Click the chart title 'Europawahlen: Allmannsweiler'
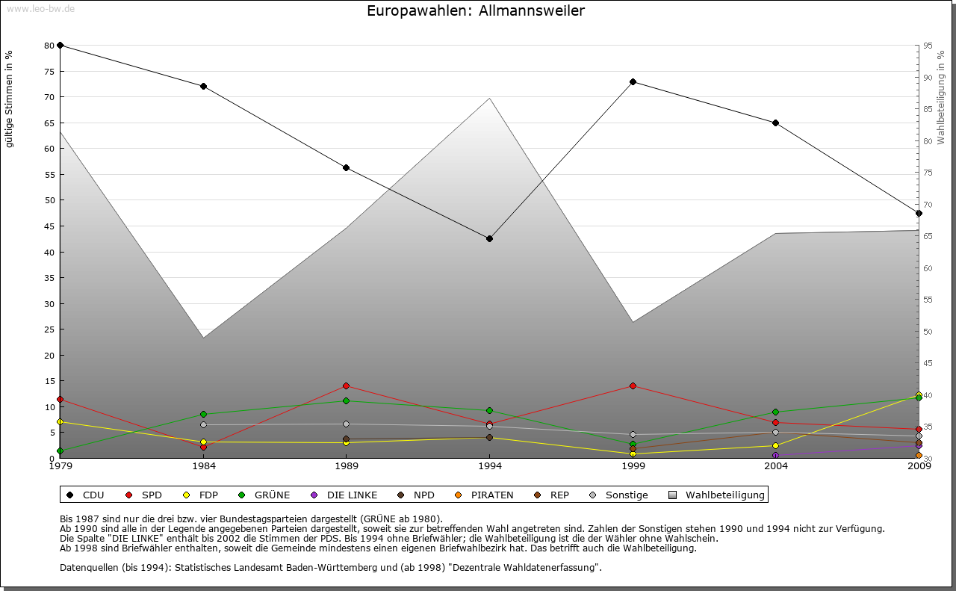(x=476, y=11)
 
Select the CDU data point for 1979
(x=60, y=46)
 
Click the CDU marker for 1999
(x=633, y=81)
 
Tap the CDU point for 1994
(x=489, y=238)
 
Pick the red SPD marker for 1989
(x=346, y=386)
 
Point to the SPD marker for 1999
(x=633, y=386)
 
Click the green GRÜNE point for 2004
(x=776, y=412)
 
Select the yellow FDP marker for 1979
(x=60, y=422)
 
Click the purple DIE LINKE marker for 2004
(x=776, y=455)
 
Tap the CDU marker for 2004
(x=776, y=123)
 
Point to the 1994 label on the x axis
(x=489, y=466)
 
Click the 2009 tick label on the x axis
(x=919, y=466)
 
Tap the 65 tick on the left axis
(x=49, y=123)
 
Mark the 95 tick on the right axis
(x=928, y=46)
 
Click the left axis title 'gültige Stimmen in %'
(x=10, y=99)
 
